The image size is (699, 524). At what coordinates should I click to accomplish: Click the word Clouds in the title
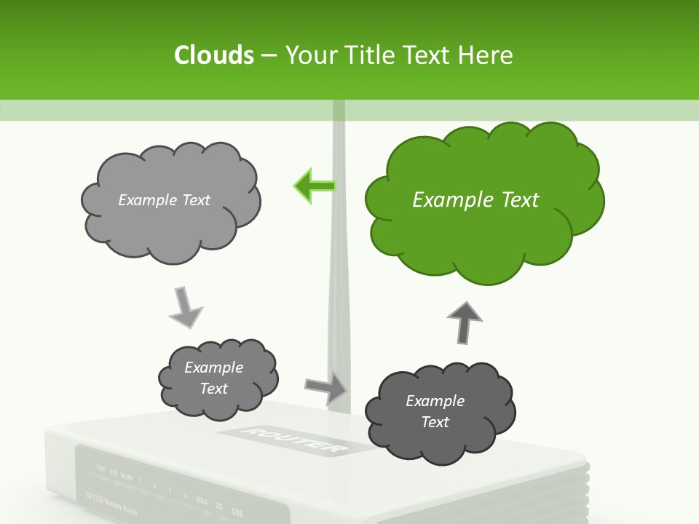213,55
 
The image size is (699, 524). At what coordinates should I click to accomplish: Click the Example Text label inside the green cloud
475,199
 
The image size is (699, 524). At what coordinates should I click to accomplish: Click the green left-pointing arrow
315,186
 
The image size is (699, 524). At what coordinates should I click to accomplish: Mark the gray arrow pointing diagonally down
186,307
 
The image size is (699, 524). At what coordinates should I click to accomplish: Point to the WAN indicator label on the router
201,501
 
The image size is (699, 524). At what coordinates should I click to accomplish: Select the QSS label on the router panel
236,511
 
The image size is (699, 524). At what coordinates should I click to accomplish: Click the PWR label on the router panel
100,469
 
